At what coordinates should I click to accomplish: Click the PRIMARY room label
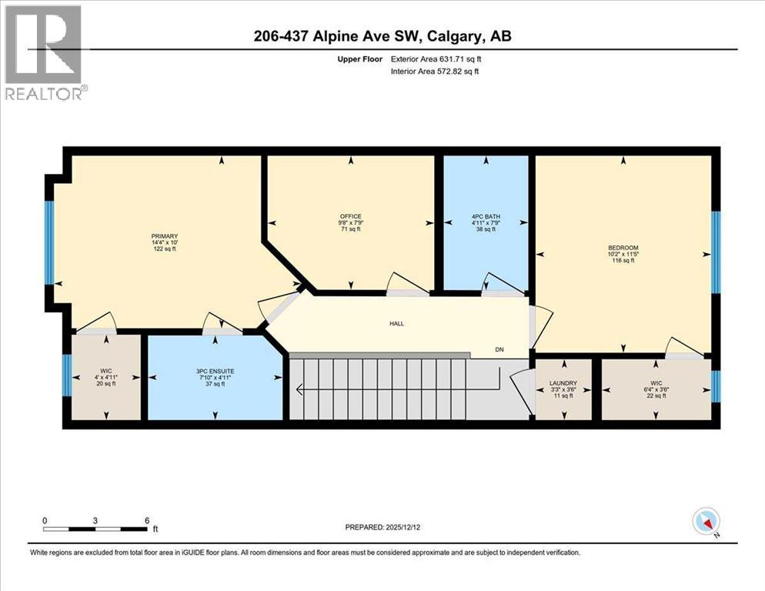[165, 236]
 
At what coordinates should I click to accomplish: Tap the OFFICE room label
[351, 216]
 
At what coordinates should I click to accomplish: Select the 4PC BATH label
[484, 216]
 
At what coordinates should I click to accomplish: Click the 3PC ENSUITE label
[215, 371]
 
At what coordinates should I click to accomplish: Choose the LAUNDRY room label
[563, 382]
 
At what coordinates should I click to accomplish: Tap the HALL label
[396, 323]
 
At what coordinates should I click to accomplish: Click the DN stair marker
[499, 350]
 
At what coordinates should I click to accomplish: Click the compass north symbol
[705, 522]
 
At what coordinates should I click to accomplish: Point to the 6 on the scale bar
[146, 520]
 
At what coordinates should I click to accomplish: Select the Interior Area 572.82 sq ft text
[435, 72]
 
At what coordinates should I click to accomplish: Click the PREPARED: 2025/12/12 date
[389, 527]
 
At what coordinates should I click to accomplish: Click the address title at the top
[382, 37]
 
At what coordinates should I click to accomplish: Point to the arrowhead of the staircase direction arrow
[299, 390]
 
